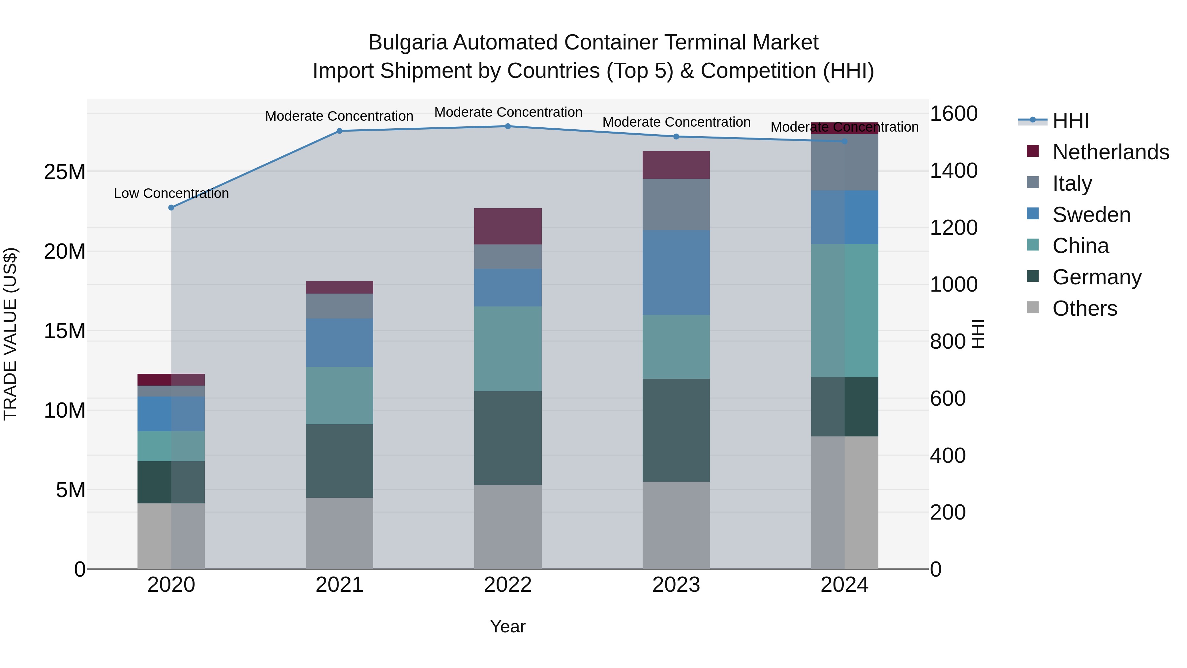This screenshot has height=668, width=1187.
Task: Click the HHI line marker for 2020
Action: (x=171, y=207)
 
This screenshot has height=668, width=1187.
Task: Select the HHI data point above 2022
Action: (x=508, y=126)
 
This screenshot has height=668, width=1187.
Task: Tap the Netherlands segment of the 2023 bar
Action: (x=676, y=165)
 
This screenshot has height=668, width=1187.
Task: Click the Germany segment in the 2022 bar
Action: (x=508, y=438)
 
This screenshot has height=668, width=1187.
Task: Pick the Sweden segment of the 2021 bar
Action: (x=340, y=342)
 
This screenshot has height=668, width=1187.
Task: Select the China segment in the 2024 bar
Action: (x=845, y=310)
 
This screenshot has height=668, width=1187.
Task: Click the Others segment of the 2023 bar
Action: (x=676, y=525)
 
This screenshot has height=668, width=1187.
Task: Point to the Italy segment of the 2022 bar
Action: (x=508, y=257)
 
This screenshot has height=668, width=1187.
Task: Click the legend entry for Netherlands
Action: (x=1111, y=152)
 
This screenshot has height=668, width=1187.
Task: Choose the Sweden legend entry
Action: (x=1091, y=215)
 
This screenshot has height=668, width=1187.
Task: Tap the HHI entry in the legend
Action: (x=1070, y=121)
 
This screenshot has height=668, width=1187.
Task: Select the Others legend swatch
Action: (x=1033, y=307)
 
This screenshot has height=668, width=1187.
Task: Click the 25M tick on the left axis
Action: (x=65, y=172)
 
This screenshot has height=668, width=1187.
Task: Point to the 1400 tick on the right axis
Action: (x=953, y=171)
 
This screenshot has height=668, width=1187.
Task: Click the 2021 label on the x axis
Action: (x=340, y=585)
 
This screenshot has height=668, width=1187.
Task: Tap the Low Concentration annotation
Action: (x=171, y=193)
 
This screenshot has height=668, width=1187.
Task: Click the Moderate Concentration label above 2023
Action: (x=676, y=122)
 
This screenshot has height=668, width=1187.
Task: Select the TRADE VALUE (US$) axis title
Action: (x=10, y=334)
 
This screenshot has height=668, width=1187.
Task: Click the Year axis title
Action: (x=508, y=626)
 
